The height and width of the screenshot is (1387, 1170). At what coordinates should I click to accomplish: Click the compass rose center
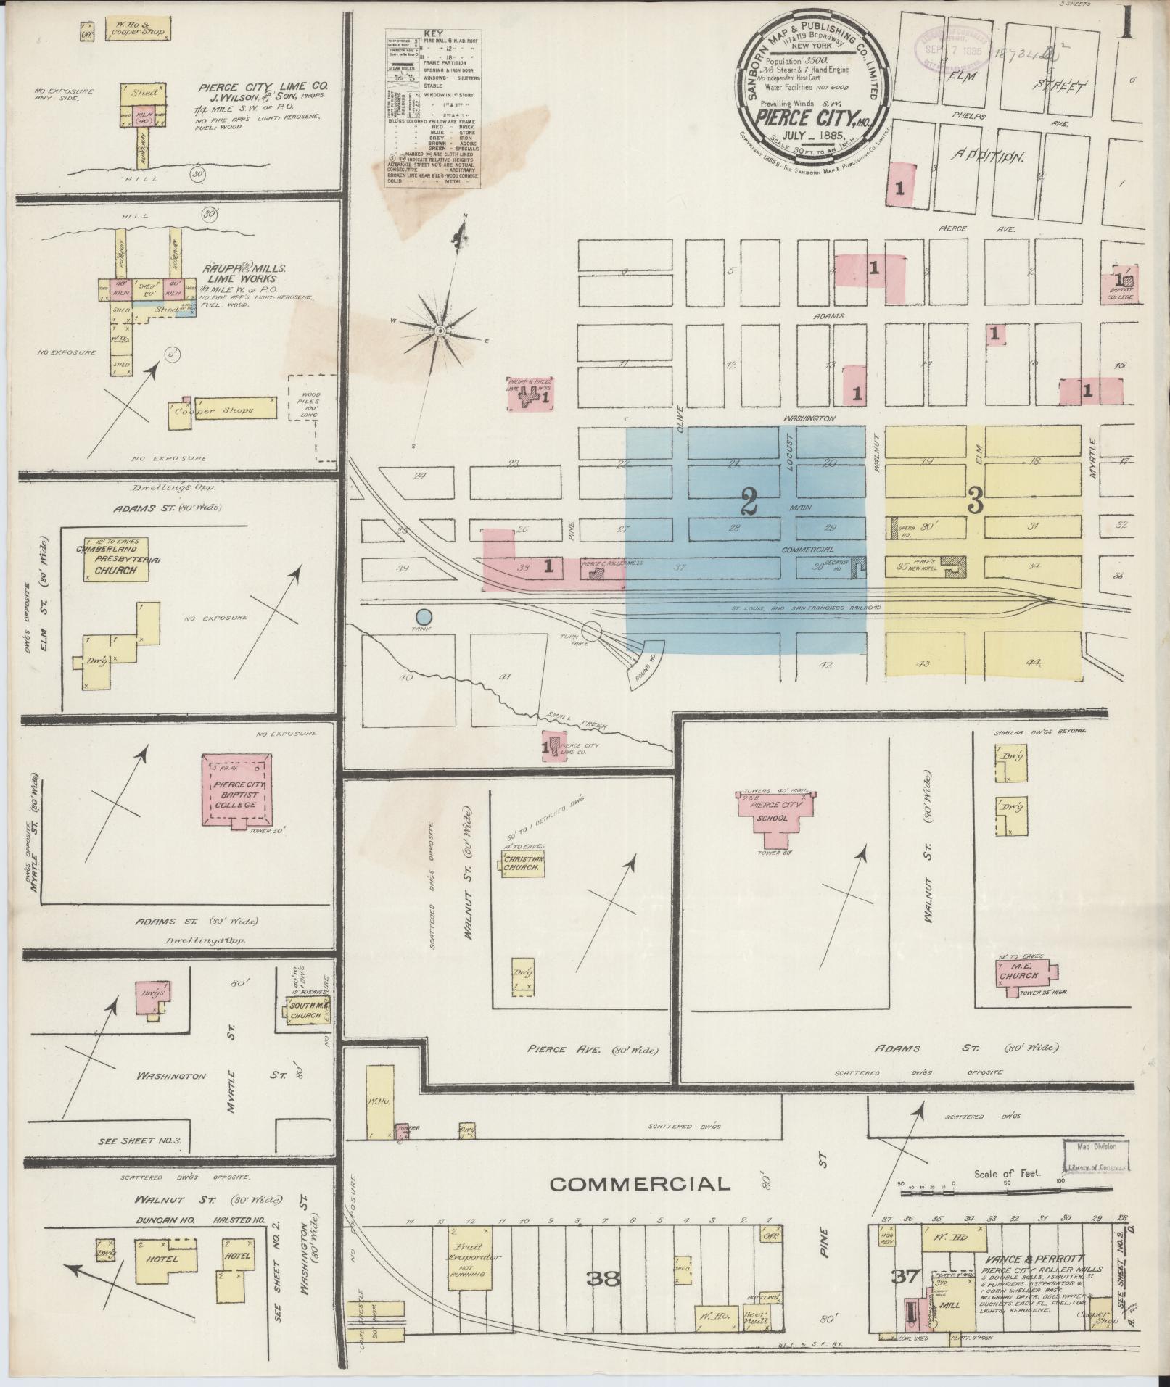440,331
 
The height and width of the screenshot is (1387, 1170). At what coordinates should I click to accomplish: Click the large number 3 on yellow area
975,501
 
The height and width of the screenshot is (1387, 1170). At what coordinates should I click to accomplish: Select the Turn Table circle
592,632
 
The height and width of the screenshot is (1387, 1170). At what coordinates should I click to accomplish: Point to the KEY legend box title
433,33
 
